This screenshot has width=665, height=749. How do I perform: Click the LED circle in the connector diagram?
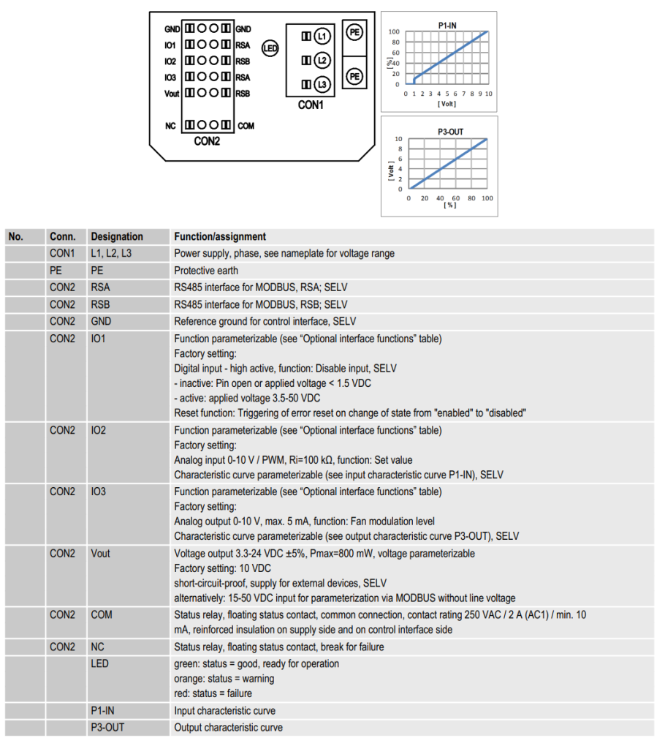pyautogui.click(x=270, y=50)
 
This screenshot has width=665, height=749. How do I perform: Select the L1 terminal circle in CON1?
pyautogui.click(x=322, y=37)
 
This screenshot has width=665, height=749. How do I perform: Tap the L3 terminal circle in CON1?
pyautogui.click(x=322, y=84)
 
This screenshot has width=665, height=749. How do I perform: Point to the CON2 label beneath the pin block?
pyautogui.click(x=207, y=141)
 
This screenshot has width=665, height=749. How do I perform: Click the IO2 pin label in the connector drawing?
pyautogui.click(x=170, y=61)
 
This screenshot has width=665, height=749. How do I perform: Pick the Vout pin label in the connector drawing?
pyautogui.click(x=172, y=94)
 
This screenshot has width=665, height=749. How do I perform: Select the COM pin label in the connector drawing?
pyautogui.click(x=246, y=126)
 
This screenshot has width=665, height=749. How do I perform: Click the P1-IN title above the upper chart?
pyautogui.click(x=447, y=24)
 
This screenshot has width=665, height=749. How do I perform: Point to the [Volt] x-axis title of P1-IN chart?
pyautogui.click(x=446, y=104)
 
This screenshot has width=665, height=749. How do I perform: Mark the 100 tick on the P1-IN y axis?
pyautogui.click(x=394, y=31)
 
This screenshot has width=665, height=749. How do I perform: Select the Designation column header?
pyautogui.click(x=117, y=236)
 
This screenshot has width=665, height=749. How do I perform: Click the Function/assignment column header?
pyautogui.click(x=220, y=236)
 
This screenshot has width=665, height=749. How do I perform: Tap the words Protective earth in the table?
pyautogui.click(x=206, y=270)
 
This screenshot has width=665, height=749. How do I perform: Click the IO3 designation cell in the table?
pyautogui.click(x=99, y=492)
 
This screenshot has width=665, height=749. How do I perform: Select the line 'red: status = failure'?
pyautogui.click(x=213, y=693)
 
